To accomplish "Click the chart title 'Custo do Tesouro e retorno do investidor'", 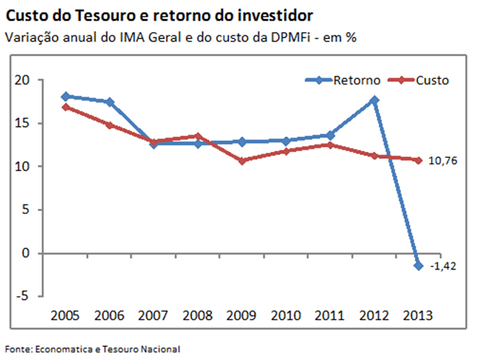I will point(159,15).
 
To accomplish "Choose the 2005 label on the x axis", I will point(65,315).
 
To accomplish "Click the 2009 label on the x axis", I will point(242,315).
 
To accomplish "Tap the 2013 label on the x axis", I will point(418,315).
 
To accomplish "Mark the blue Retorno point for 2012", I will point(374,100).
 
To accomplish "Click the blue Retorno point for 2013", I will point(419,265).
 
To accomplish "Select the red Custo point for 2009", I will point(242,160).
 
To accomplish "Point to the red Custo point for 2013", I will point(419,160).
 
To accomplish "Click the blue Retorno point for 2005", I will point(65,96).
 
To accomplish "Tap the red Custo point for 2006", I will point(110,124).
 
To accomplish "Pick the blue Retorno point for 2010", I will point(286,140).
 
